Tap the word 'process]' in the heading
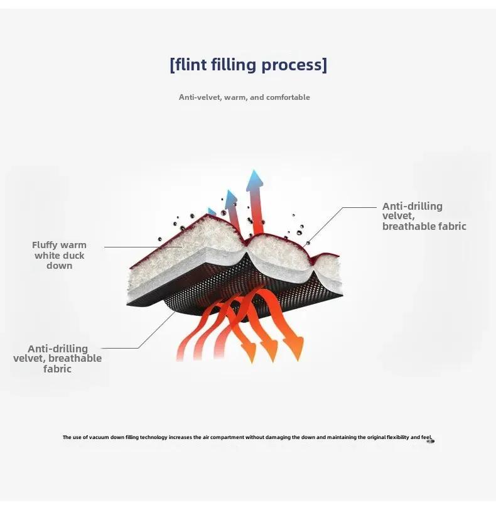click(294, 65)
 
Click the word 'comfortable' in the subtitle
click(288, 97)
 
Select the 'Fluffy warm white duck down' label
click(59, 256)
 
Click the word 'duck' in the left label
click(73, 256)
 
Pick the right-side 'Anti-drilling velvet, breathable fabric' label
click(424, 216)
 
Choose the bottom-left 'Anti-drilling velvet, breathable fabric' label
click(58, 359)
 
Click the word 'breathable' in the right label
click(409, 226)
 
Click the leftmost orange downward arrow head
click(249, 352)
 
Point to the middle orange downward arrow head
click(270, 350)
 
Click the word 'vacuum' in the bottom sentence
click(99, 437)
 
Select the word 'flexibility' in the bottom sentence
click(398, 437)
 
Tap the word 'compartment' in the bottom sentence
click(227, 438)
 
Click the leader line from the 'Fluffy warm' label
click(143, 247)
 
